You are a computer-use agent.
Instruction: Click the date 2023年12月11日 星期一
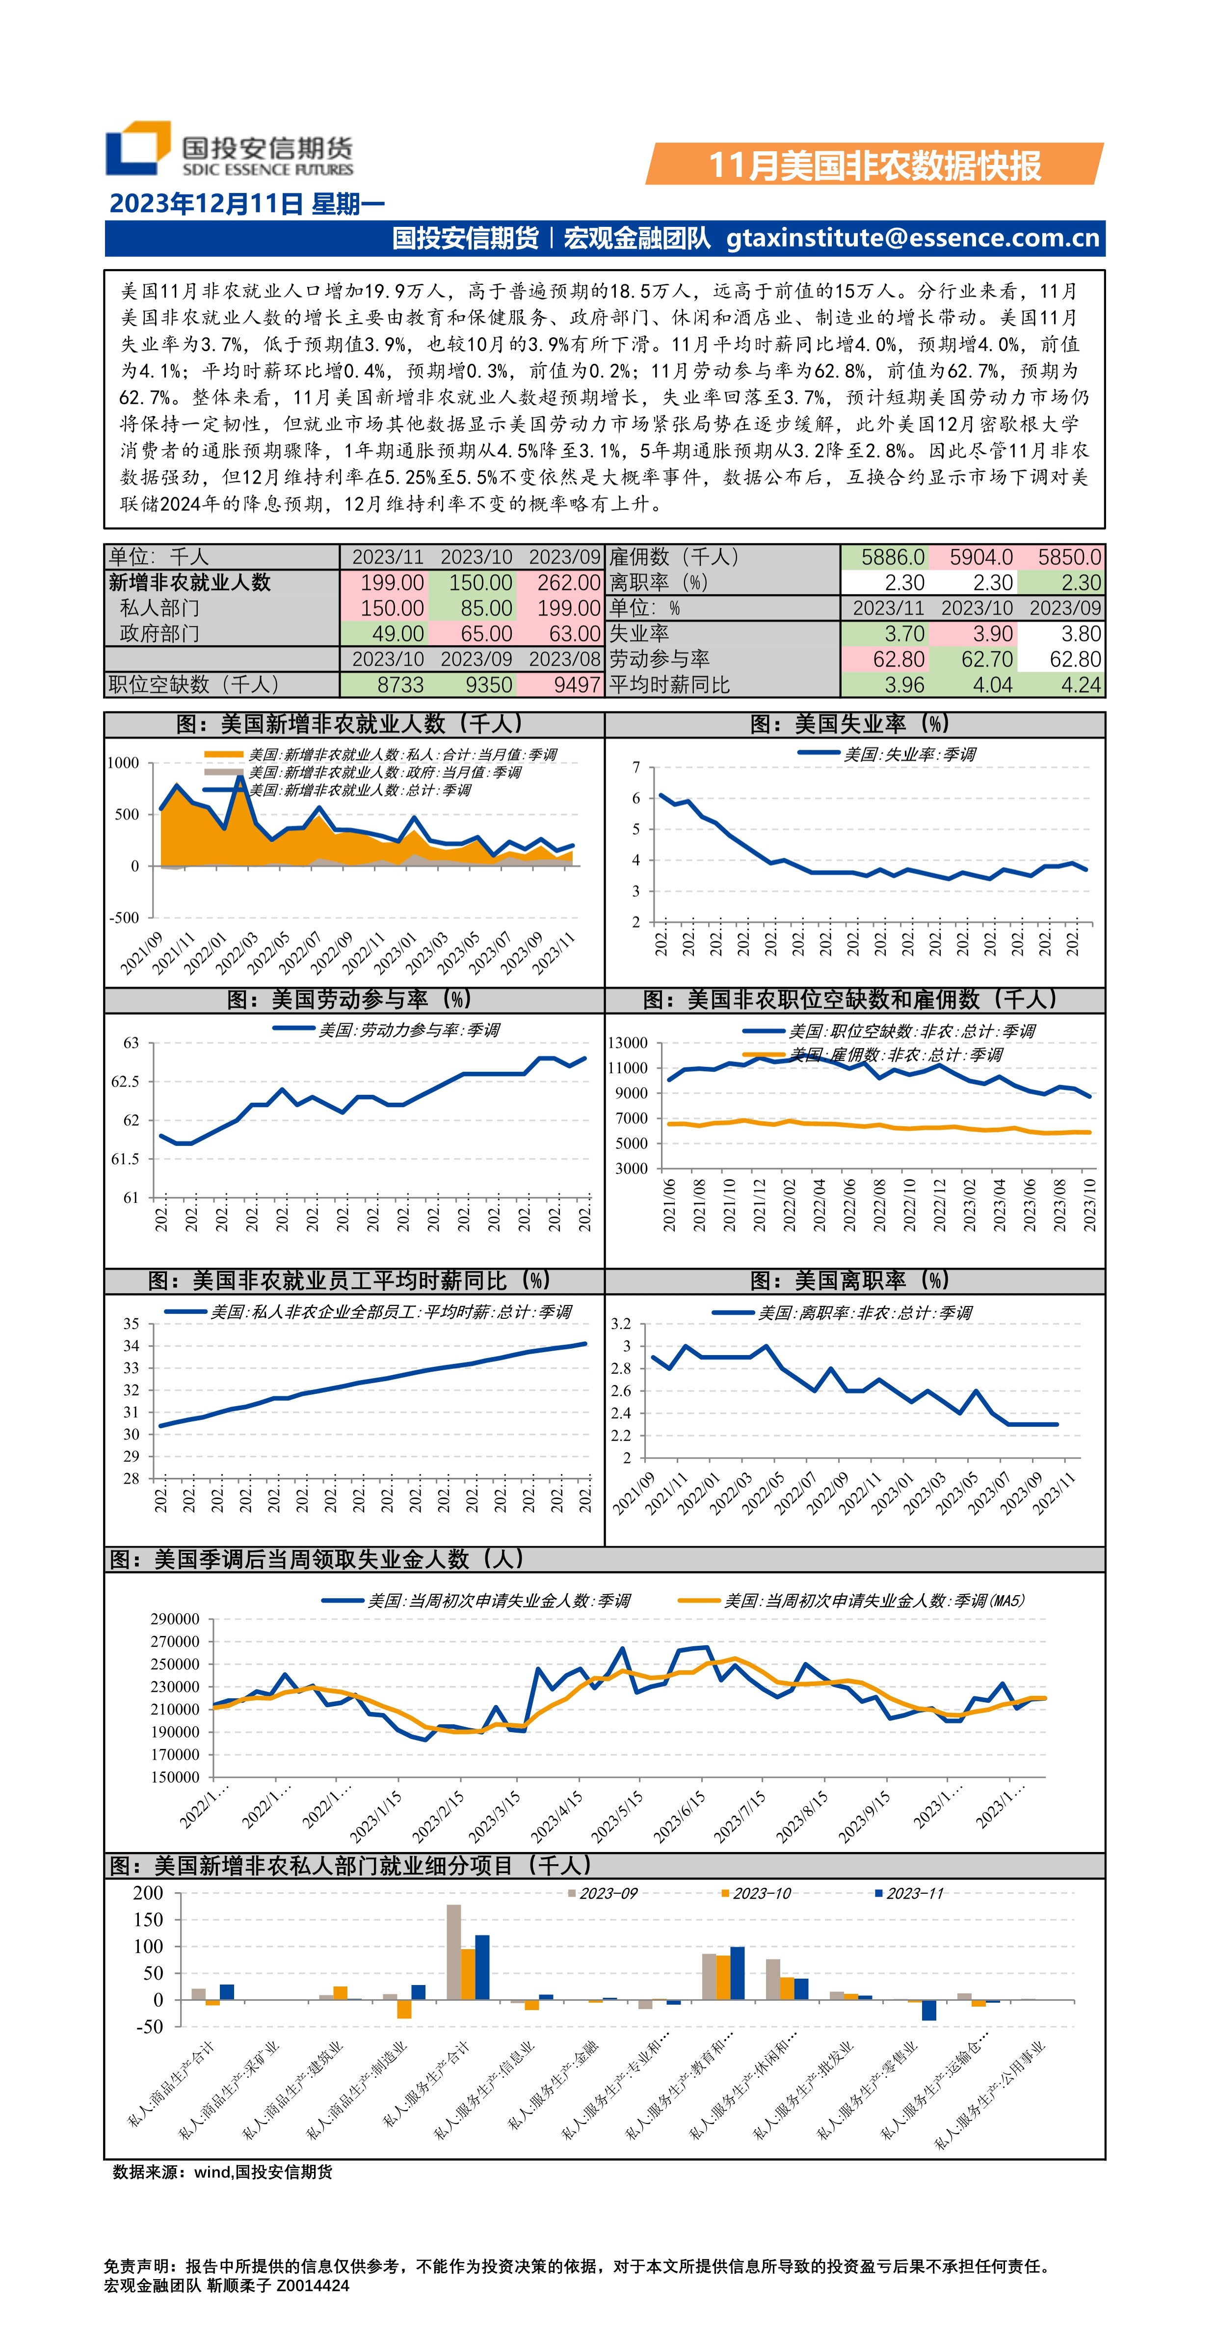[247, 203]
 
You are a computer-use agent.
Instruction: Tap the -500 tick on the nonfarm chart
[125, 918]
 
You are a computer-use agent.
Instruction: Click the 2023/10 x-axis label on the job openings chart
[1089, 1205]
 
